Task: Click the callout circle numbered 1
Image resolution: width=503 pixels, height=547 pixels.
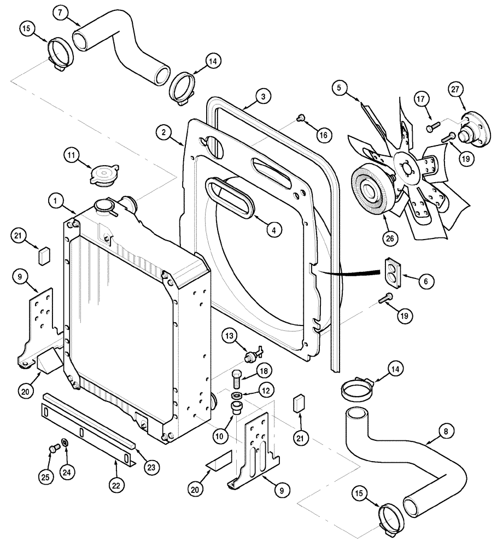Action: (56, 201)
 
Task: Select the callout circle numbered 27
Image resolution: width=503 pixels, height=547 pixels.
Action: (455, 89)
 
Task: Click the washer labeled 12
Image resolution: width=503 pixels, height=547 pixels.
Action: (236, 395)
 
